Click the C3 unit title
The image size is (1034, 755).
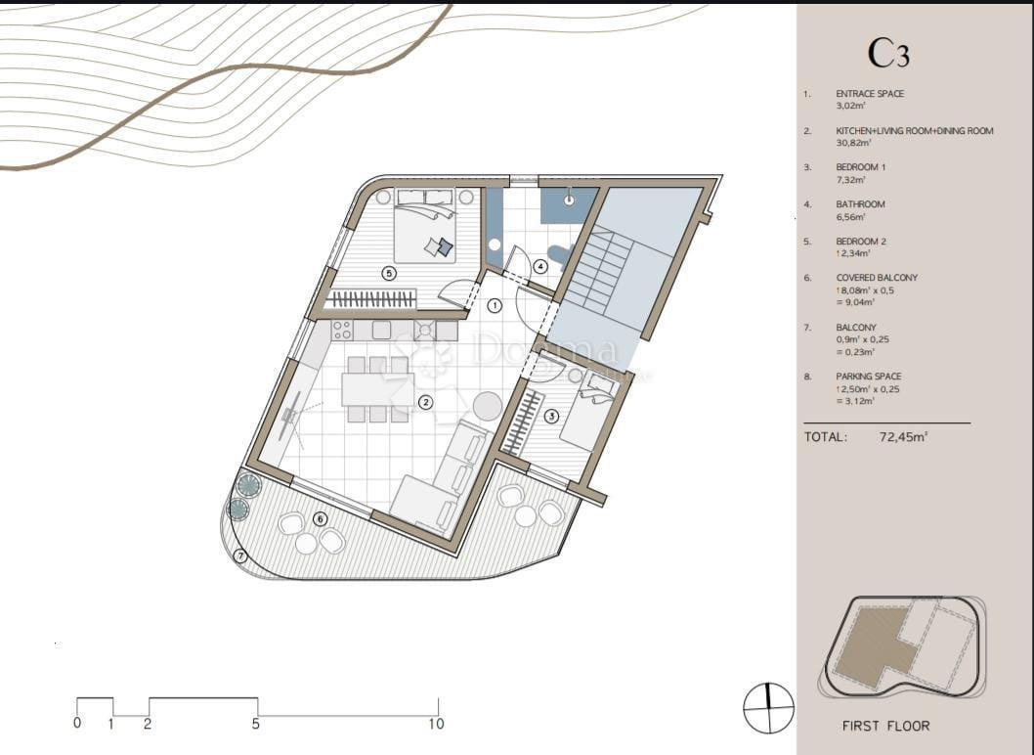click(888, 53)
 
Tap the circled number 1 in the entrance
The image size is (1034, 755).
click(495, 305)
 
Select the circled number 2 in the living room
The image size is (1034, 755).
click(425, 402)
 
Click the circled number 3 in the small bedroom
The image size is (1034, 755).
click(551, 416)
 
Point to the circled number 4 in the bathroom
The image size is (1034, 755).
click(540, 264)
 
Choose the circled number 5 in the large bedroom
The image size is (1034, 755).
click(389, 274)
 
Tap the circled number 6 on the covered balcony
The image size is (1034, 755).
click(319, 518)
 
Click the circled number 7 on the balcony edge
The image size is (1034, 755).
click(241, 556)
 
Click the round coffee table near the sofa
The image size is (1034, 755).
click(488, 404)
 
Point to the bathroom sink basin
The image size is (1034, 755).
click(567, 197)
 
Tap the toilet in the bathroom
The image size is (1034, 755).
click(559, 255)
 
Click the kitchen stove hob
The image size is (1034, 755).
click(426, 331)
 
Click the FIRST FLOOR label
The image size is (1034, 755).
click(885, 726)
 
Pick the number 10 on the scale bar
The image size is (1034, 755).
click(436, 724)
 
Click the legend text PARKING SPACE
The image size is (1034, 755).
click(868, 377)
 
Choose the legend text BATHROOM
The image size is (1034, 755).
click(860, 204)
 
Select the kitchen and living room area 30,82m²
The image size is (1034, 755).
click(853, 143)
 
